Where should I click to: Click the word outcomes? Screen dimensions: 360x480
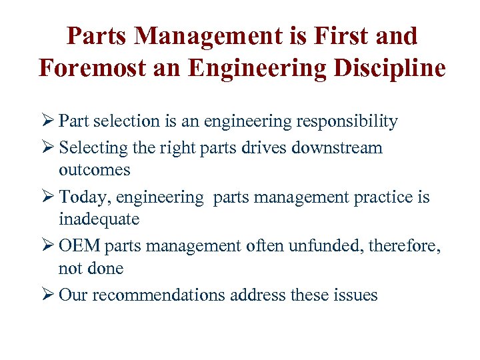pos(95,170)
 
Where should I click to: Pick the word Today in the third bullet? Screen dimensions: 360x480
pos(79,197)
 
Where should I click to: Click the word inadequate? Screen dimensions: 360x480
pos(99,219)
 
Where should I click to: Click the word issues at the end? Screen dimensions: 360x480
pos(357,295)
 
